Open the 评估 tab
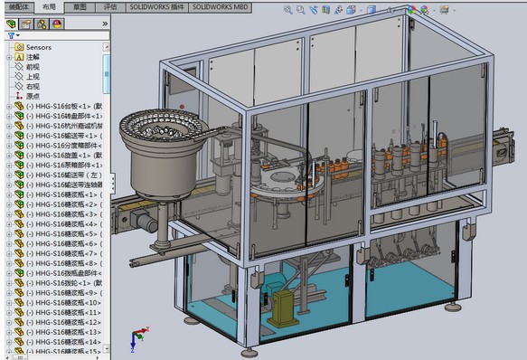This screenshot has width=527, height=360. click(110, 5)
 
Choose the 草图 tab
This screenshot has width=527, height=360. click(80, 5)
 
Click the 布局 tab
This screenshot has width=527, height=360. click(49, 5)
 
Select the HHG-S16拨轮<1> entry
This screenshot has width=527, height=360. click(58, 283)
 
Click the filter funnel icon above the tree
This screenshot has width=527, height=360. click(10, 35)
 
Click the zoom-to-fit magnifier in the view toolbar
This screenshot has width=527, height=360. click(288, 10)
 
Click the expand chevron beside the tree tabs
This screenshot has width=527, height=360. click(100, 24)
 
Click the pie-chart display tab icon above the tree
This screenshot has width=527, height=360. click(58, 23)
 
